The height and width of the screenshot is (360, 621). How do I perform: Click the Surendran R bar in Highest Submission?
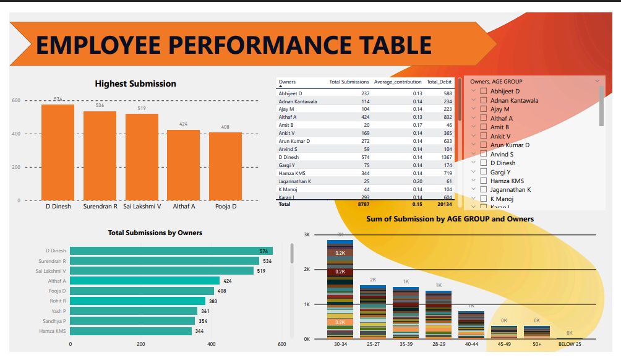pyautogui.click(x=100, y=155)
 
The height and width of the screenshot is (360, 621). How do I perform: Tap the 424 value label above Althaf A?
pyautogui.click(x=183, y=124)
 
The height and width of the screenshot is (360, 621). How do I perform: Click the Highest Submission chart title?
pyautogui.click(x=135, y=84)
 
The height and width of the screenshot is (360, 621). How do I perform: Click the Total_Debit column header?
pyautogui.click(x=440, y=82)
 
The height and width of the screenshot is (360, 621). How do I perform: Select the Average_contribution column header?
pyautogui.click(x=398, y=82)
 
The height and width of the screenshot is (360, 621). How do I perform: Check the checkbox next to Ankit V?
pyautogui.click(x=484, y=136)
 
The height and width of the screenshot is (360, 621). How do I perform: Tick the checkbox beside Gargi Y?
pyautogui.click(x=484, y=172)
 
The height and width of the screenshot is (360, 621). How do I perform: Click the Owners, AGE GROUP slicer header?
pyautogui.click(x=496, y=81)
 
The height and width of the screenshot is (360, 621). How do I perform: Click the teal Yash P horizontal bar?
pyautogui.click(x=134, y=311)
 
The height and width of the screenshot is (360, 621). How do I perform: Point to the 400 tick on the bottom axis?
pyautogui.click(x=212, y=344)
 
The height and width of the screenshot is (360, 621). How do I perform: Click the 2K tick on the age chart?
pyautogui.click(x=307, y=270)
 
